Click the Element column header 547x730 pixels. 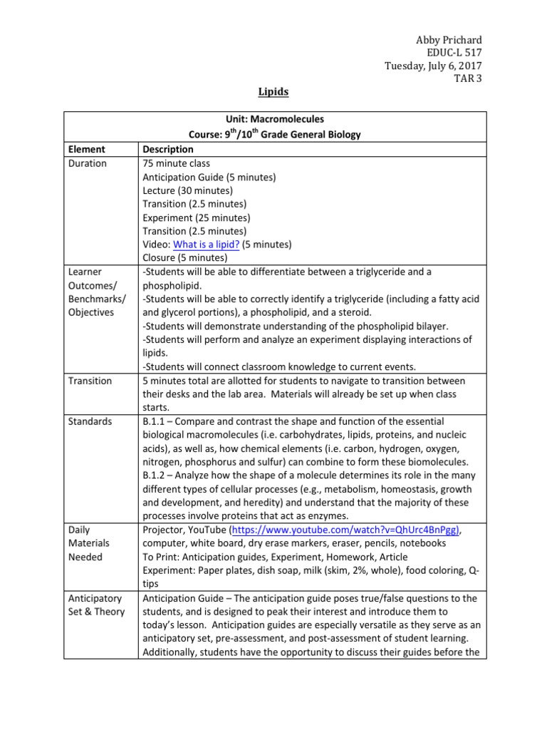[87, 149]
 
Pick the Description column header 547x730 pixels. [167, 149]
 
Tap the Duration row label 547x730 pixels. [88, 163]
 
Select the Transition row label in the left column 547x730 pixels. [90, 381]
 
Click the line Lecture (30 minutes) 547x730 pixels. [187, 190]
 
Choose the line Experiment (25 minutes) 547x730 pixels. [196, 217]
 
